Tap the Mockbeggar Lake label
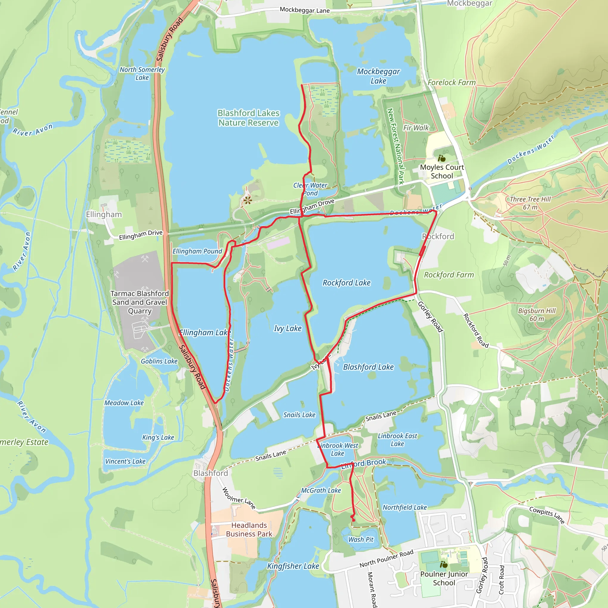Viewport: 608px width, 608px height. click(x=378, y=76)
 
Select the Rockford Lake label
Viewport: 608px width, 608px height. click(x=346, y=283)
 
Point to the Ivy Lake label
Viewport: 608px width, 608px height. click(x=287, y=329)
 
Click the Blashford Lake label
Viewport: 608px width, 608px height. click(x=368, y=367)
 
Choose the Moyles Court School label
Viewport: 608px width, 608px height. click(x=442, y=172)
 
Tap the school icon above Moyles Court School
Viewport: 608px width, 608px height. click(x=442, y=158)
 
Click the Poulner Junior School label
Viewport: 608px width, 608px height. click(x=444, y=578)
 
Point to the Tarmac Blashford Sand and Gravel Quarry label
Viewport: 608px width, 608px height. click(x=140, y=302)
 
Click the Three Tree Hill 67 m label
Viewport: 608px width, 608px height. click(x=530, y=203)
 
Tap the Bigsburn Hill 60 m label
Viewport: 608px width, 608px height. click(x=537, y=315)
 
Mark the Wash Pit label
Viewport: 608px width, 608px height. click(x=361, y=540)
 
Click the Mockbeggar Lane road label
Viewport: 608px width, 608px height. click(x=305, y=10)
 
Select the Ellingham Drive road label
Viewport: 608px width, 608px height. click(x=141, y=235)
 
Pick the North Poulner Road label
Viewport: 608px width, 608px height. click(x=386, y=559)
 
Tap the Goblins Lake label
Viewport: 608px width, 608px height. click(x=159, y=361)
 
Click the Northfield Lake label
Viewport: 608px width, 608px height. click(x=405, y=507)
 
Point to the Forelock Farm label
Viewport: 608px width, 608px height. click(x=452, y=83)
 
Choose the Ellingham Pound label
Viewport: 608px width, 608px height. click(x=197, y=251)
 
